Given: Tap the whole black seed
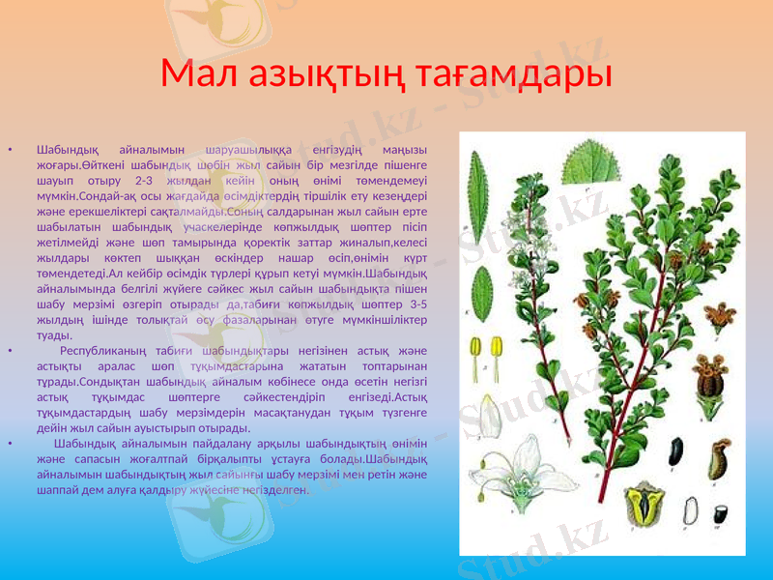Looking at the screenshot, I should pos(675,451).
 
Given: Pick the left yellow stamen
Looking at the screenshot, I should pos(477,351).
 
